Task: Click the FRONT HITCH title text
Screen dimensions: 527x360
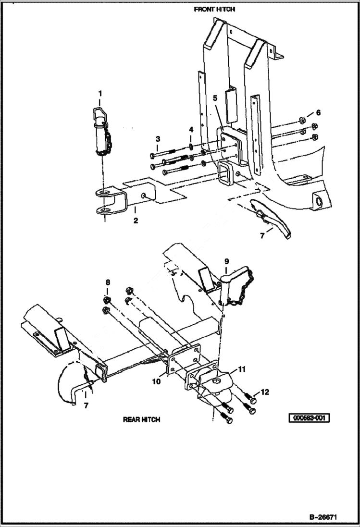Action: tap(214, 9)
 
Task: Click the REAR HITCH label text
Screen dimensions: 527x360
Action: tap(141, 419)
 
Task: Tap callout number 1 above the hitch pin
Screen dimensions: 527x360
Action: tap(100, 92)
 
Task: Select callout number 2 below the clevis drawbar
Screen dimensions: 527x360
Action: tap(136, 221)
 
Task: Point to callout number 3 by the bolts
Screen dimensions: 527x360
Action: tap(158, 139)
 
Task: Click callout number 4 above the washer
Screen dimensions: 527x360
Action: tap(191, 130)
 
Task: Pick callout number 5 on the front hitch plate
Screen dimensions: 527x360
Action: tap(215, 98)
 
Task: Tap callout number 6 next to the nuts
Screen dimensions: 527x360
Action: tap(318, 112)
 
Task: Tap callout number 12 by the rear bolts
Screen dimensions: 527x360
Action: tap(265, 392)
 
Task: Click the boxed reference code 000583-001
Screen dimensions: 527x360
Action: tap(309, 418)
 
